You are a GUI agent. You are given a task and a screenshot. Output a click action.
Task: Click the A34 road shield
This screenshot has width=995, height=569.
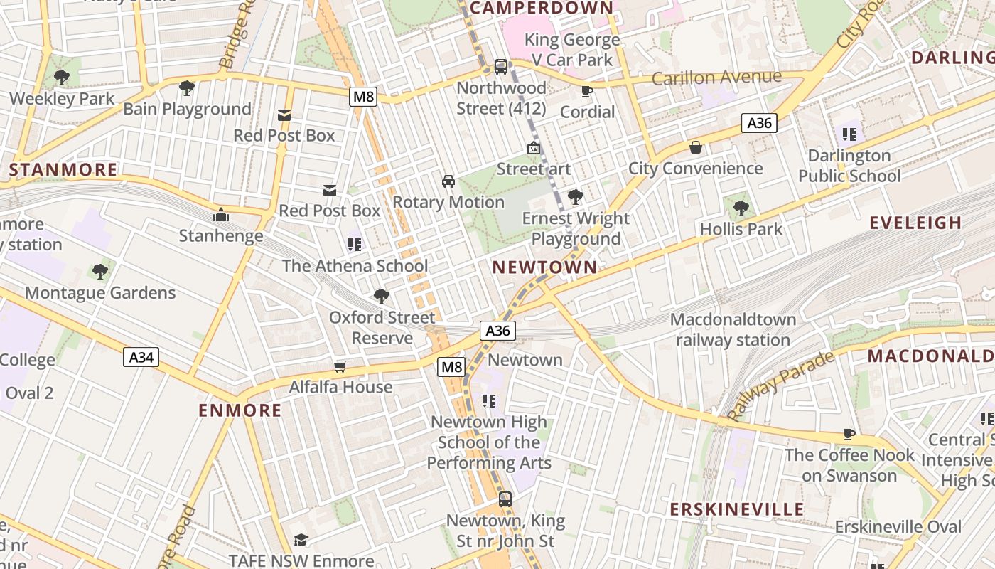click(141, 357)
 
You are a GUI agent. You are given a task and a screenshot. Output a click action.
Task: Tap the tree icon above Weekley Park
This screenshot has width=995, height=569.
click(62, 77)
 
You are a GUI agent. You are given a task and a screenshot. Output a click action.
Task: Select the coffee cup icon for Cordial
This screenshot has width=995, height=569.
click(587, 91)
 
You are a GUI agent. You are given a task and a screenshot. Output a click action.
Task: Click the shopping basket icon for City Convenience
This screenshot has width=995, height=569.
click(696, 147)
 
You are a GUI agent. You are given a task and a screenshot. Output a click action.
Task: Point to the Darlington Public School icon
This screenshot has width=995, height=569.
click(849, 134)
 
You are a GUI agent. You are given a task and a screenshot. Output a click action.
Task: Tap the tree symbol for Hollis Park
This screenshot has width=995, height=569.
click(741, 208)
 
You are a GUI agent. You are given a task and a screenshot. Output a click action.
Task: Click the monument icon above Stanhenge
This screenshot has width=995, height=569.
click(221, 214)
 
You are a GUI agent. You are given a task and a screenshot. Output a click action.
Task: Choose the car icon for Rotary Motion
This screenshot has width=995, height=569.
click(448, 181)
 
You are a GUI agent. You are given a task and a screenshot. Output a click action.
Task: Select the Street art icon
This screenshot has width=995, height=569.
click(533, 148)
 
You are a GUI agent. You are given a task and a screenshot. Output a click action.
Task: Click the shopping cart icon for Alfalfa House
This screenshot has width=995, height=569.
click(340, 366)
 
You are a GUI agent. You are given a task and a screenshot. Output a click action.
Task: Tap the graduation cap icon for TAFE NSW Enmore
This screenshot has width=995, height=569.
click(301, 541)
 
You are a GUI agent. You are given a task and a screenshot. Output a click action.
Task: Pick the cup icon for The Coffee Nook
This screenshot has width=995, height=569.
click(849, 434)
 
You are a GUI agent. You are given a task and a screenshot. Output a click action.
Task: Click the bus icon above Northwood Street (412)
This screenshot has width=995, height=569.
click(501, 67)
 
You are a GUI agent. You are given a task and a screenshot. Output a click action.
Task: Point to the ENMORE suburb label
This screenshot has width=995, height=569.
click(240, 410)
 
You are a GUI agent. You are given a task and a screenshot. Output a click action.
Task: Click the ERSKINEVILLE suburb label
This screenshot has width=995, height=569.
click(737, 509)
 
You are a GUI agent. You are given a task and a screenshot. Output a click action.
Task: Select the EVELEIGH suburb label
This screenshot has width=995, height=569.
click(915, 223)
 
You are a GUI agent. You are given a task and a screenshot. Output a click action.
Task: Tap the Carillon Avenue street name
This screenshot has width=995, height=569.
click(716, 78)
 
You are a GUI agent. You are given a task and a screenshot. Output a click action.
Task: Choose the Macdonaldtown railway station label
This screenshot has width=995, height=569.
click(733, 330)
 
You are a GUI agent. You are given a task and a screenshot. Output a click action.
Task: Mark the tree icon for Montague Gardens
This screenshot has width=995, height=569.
click(100, 271)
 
